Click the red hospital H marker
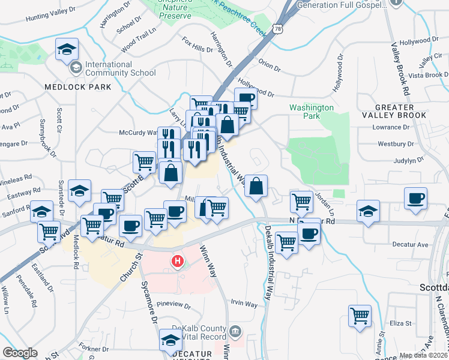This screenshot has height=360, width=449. (178, 262)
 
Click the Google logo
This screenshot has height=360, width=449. (20, 353)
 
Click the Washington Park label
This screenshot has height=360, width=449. (311, 112)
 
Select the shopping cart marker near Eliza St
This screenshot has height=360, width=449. (360, 315)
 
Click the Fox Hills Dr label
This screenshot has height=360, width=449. (198, 45)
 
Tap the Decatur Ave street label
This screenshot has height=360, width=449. (409, 245)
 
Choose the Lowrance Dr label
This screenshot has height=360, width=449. (390, 128)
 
